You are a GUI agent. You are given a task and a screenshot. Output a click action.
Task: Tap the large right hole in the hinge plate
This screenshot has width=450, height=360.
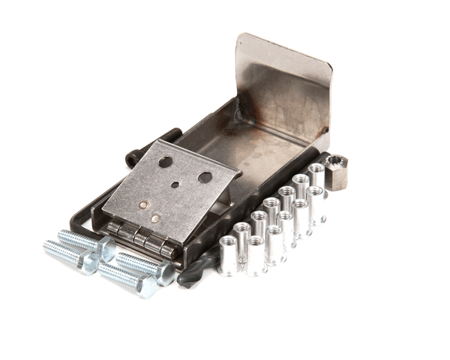204,178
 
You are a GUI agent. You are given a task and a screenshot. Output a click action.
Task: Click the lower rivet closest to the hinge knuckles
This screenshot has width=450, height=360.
155,218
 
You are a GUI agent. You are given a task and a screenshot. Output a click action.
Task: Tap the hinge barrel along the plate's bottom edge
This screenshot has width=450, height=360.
142,238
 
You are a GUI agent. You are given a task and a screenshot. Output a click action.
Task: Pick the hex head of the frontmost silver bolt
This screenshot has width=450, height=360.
145,286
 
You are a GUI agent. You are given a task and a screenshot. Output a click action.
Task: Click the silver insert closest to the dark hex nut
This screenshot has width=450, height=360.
316,176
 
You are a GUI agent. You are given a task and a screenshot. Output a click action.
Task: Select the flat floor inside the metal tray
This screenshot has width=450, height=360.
255,150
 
